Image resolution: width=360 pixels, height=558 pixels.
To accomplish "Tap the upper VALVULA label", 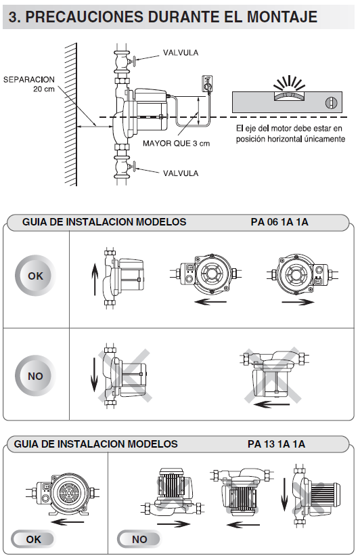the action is (x=181, y=53).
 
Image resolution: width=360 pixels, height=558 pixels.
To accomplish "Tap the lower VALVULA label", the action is (x=181, y=173).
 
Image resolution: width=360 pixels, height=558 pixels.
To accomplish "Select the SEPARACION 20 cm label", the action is (x=29, y=84).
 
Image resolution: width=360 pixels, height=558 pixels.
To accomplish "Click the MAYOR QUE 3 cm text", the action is (x=176, y=144).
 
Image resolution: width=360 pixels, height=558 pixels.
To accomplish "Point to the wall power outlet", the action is (x=207, y=83).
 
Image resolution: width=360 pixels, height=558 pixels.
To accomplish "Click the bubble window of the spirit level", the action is (x=290, y=95).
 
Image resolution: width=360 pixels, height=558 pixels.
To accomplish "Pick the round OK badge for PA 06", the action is (x=35, y=276).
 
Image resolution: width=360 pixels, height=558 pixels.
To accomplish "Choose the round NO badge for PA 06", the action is (x=35, y=375).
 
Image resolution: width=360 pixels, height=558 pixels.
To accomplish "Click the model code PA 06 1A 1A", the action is (x=279, y=222).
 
